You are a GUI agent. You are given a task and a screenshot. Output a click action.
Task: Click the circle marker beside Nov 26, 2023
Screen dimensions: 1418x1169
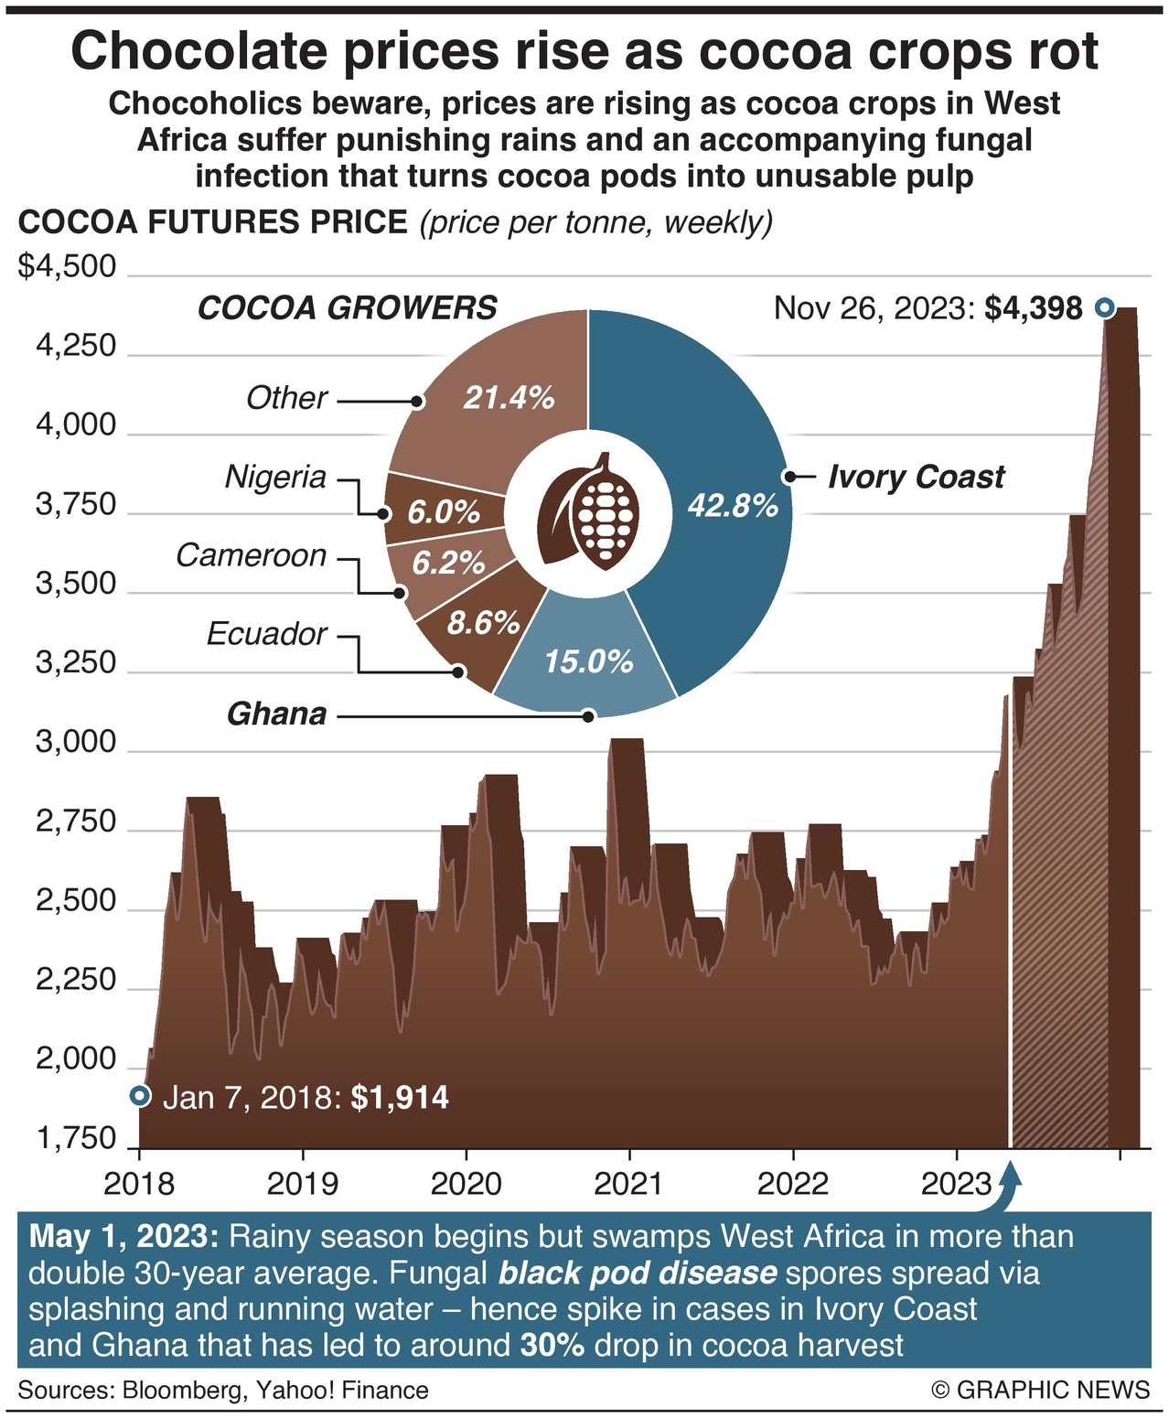pyautogui.click(x=1104, y=308)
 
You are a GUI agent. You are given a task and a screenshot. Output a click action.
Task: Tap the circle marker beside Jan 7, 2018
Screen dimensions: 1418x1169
pyautogui.click(x=139, y=1095)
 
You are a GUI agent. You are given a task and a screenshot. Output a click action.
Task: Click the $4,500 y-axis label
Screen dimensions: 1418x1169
pyautogui.click(x=68, y=266)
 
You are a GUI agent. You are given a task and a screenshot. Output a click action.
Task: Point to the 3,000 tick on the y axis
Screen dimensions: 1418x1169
pyautogui.click(x=77, y=742)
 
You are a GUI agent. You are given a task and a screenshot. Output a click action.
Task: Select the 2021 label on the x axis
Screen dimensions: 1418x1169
pyautogui.click(x=628, y=1184)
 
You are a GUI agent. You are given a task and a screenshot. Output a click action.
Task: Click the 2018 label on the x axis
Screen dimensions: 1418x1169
pyautogui.click(x=139, y=1184)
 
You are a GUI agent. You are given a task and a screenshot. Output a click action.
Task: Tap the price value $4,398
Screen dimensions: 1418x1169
pyautogui.click(x=1034, y=308)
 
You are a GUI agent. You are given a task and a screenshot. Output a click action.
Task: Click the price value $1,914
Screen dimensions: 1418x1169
pyautogui.click(x=400, y=1097)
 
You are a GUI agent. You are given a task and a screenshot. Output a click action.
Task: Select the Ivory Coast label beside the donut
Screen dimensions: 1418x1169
pyautogui.click(x=916, y=477)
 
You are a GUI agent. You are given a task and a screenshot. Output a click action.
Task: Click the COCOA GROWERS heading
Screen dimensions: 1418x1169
pyautogui.click(x=348, y=307)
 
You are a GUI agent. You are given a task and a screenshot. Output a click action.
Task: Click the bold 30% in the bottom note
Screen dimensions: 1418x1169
pyautogui.click(x=552, y=1345)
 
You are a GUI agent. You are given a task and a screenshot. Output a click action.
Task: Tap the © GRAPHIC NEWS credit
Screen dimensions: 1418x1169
pyautogui.click(x=1040, y=1390)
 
